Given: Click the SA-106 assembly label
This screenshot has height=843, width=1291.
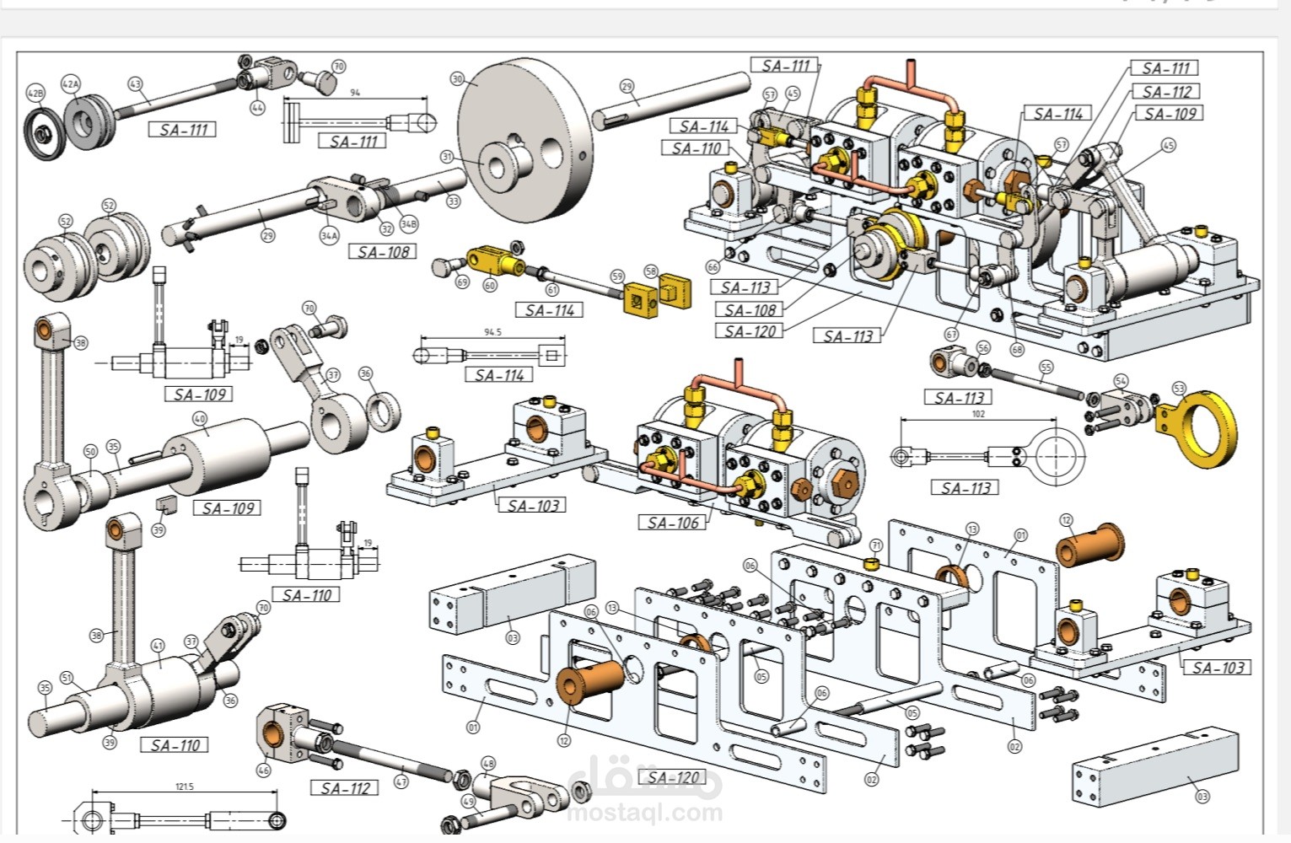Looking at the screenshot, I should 674,523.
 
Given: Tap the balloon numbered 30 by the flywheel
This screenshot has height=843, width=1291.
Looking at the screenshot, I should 458,78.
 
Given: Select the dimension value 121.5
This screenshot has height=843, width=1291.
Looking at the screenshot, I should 184,787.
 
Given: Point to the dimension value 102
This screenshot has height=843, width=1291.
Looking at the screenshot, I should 978,414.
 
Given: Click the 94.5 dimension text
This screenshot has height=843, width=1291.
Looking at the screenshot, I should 492,332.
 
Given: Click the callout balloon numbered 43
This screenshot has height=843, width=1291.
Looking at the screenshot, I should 136,84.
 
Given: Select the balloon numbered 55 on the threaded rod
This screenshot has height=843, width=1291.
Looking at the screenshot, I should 1046,368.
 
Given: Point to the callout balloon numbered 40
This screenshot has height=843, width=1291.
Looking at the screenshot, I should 200,418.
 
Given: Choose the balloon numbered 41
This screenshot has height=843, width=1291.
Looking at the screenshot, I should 158,647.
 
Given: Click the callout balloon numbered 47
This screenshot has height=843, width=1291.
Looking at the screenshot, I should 401,781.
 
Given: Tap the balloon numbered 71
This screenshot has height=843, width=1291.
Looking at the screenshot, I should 875,546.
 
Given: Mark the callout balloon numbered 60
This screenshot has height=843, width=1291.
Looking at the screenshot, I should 490,285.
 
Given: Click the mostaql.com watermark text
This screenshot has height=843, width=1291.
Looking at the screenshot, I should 645,813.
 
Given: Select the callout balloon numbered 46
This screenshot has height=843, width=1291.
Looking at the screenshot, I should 264,770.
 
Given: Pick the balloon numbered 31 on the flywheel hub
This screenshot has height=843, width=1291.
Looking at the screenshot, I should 447,157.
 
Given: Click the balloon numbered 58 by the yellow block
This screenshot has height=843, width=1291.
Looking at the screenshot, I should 651,271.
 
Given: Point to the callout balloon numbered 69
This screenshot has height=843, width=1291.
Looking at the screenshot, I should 462,282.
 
